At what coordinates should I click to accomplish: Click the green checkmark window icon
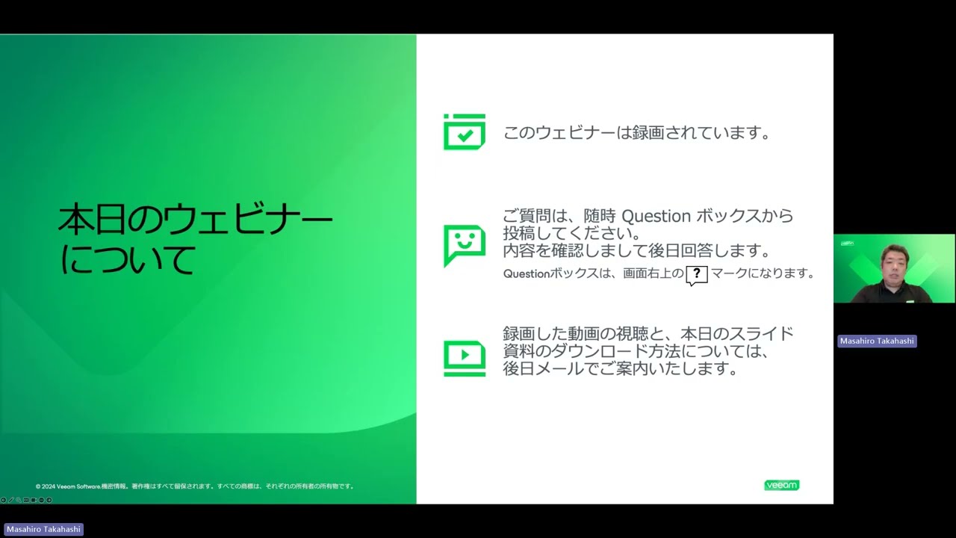465,132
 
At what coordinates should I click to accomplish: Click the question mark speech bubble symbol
696,274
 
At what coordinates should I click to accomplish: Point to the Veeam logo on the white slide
781,485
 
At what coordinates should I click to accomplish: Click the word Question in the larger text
657,216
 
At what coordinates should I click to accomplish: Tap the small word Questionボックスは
552,273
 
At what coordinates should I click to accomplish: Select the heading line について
128,259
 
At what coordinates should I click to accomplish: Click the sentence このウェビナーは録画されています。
637,133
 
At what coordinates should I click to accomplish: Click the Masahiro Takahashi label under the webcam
877,341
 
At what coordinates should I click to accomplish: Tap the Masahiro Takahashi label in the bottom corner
43,529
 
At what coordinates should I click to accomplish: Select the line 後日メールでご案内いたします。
621,369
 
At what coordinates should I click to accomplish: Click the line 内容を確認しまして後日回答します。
637,250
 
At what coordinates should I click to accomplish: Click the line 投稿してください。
572,233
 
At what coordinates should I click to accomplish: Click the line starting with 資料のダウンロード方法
636,351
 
